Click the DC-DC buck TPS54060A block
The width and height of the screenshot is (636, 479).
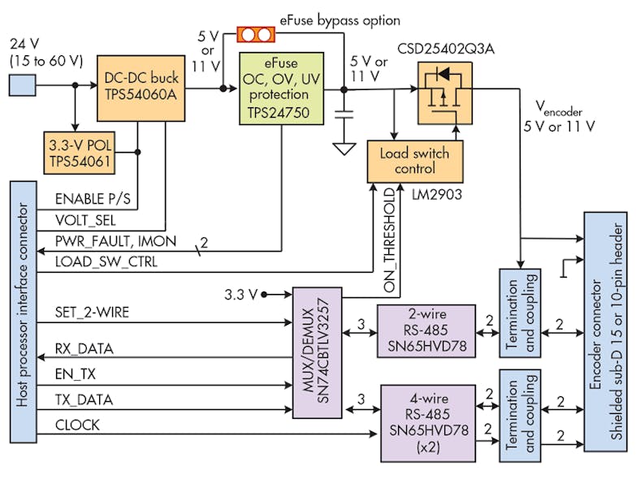tap(135, 84)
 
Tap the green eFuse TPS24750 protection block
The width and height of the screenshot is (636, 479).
tap(279, 88)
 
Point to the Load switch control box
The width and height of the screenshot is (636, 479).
tap(415, 161)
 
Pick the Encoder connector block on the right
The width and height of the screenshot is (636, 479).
tap(605, 331)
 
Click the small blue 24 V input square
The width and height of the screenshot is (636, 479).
tap(22, 84)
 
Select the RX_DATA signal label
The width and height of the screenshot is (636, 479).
tap(84, 348)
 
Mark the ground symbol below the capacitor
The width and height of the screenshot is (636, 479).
tap(344, 149)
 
